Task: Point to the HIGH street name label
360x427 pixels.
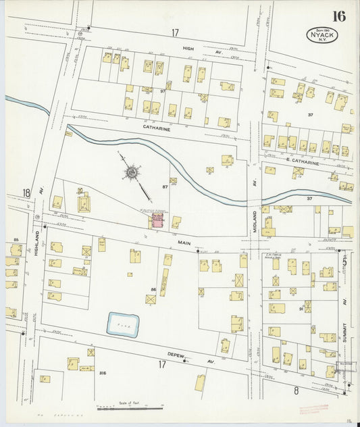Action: [188, 49]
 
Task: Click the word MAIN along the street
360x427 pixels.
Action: [185, 241]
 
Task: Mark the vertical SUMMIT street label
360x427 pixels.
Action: [344, 317]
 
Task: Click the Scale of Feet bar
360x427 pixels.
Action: [130, 408]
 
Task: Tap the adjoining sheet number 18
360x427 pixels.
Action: [26, 193]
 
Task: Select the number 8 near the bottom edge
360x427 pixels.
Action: [296, 390]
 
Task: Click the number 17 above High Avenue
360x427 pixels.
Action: [175, 32]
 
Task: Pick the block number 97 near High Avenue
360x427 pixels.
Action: [163, 90]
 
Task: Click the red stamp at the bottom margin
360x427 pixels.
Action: [313, 407]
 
